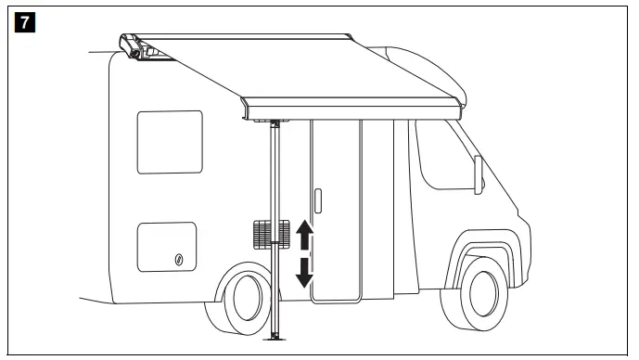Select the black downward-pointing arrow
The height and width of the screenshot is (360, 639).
(x=304, y=274)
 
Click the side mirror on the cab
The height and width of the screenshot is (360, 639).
(x=479, y=175)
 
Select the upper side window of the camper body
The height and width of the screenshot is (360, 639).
(x=169, y=141)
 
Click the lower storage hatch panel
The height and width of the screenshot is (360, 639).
(x=166, y=248)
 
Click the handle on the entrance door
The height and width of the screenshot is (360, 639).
(x=318, y=201)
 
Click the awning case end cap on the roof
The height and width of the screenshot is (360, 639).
(x=131, y=47)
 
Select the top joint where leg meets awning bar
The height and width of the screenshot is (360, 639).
(x=276, y=122)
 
